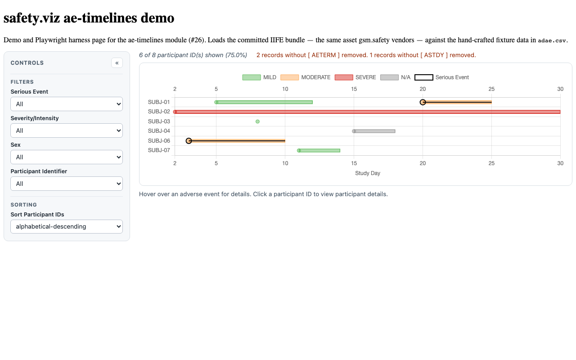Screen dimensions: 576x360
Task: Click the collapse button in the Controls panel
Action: click(117, 63)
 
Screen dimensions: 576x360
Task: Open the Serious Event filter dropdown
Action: click(67, 104)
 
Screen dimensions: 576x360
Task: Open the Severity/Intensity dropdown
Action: click(67, 130)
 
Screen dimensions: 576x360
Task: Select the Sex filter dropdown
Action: click(67, 157)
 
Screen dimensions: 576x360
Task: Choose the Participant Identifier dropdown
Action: click(67, 184)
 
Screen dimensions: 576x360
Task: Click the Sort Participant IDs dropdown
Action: click(67, 226)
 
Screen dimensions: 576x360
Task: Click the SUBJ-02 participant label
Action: click(159, 112)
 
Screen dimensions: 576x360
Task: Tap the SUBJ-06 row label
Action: click(159, 141)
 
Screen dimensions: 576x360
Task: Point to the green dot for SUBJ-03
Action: click(257, 121)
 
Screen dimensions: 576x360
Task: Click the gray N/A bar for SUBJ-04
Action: click(374, 131)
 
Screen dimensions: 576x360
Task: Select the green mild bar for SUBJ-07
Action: click(319, 150)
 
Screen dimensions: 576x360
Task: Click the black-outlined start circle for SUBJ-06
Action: click(189, 141)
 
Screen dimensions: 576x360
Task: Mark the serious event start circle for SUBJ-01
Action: click(423, 102)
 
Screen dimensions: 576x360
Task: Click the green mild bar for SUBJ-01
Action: click(264, 102)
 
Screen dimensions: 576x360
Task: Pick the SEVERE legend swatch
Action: click(344, 77)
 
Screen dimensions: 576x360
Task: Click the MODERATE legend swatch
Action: click(289, 77)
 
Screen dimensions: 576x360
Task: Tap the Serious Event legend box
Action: click(424, 77)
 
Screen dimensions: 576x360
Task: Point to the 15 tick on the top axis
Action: click(354, 89)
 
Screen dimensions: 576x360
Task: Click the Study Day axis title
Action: click(368, 173)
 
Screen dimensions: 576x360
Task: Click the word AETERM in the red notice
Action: click(324, 55)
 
